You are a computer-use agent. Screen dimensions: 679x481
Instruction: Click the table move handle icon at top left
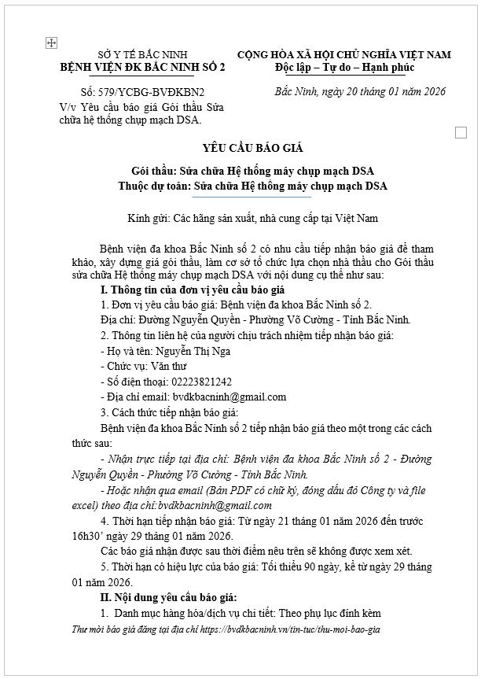[51, 43]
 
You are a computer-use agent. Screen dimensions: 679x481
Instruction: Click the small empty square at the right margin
[461, 131]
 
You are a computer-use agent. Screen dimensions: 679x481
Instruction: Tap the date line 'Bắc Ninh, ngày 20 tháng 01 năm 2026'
[360, 91]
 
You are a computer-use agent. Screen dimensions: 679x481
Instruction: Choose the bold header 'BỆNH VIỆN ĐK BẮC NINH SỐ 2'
[143, 68]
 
